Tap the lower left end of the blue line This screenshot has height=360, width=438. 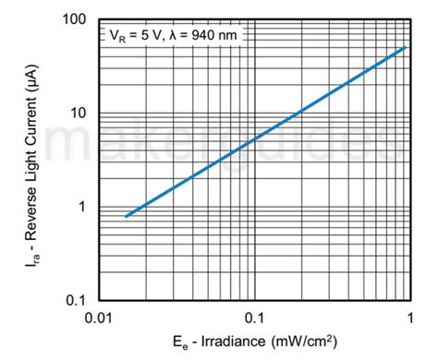coord(126,216)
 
